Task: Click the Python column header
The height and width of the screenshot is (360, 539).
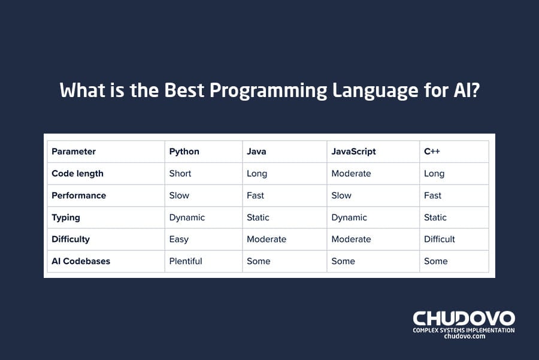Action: (x=184, y=152)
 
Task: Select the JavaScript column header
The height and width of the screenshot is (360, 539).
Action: (x=353, y=152)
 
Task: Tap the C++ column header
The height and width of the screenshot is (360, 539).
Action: (x=432, y=152)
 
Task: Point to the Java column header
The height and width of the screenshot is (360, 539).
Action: (x=256, y=152)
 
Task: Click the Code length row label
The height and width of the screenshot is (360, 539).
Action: (x=77, y=174)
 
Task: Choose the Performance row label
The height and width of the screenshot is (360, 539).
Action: (x=78, y=195)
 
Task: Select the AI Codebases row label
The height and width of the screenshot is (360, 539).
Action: (x=81, y=261)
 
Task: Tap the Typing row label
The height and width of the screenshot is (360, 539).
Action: (x=66, y=217)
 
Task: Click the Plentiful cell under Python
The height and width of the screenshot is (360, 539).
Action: (x=186, y=261)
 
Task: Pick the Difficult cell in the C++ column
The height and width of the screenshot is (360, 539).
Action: (x=440, y=239)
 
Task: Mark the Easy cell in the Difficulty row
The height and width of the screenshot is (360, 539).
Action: (x=178, y=239)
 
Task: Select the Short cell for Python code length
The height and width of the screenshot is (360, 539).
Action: (x=180, y=174)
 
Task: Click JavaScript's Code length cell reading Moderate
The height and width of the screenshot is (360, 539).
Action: (x=351, y=174)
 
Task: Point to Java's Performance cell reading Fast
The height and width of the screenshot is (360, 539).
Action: (x=255, y=195)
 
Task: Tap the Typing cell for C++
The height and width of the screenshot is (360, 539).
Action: (x=435, y=217)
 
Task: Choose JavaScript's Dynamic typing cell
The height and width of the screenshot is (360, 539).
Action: (x=349, y=217)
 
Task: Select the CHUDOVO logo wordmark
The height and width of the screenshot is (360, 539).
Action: (x=464, y=318)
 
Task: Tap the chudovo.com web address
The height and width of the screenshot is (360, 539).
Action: (x=464, y=337)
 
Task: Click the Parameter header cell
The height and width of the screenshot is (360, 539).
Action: (x=74, y=152)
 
